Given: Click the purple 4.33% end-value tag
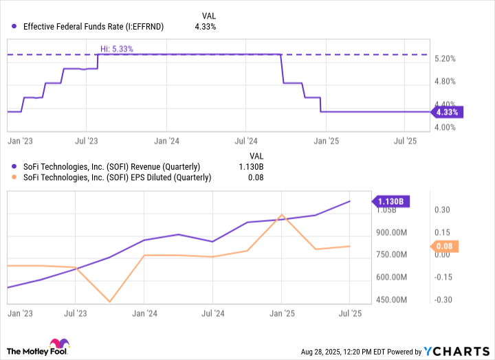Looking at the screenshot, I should [x=448, y=111].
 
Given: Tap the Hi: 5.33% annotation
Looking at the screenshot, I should [x=116, y=49].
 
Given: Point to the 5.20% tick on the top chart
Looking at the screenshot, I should [x=446, y=59].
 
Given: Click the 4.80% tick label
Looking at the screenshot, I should [x=446, y=81].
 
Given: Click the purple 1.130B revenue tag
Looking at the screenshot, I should [x=392, y=201].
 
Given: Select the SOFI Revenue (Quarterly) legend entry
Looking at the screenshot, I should [x=111, y=167].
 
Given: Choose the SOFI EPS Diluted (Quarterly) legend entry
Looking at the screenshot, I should [x=117, y=178].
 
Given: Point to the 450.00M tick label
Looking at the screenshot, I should [x=391, y=300].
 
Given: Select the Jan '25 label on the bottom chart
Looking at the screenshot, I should [x=281, y=313].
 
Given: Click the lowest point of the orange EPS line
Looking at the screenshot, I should [x=109, y=302].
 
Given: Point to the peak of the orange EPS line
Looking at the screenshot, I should [x=281, y=215].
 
